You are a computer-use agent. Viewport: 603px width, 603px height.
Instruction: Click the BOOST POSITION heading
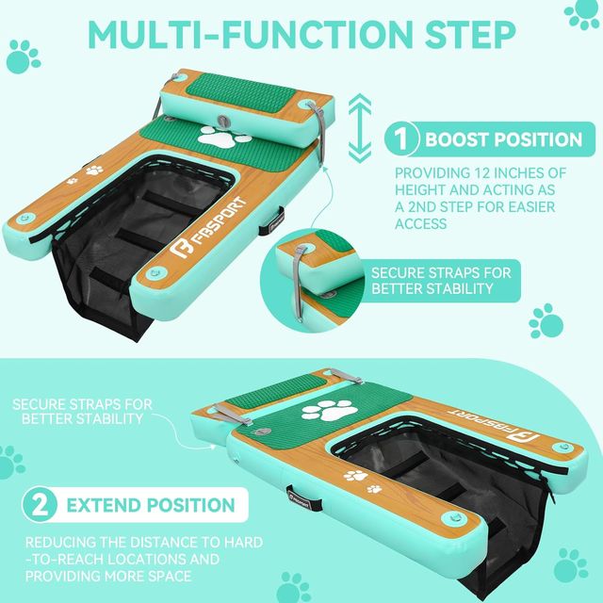pyautogui.click(x=503, y=140)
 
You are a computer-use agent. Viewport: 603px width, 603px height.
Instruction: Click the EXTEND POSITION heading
pyautogui.click(x=150, y=505)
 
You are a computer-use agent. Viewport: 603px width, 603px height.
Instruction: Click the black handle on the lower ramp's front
pyautogui.click(x=298, y=496)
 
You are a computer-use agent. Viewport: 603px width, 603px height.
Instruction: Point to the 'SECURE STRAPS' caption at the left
pyautogui.click(x=83, y=410)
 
